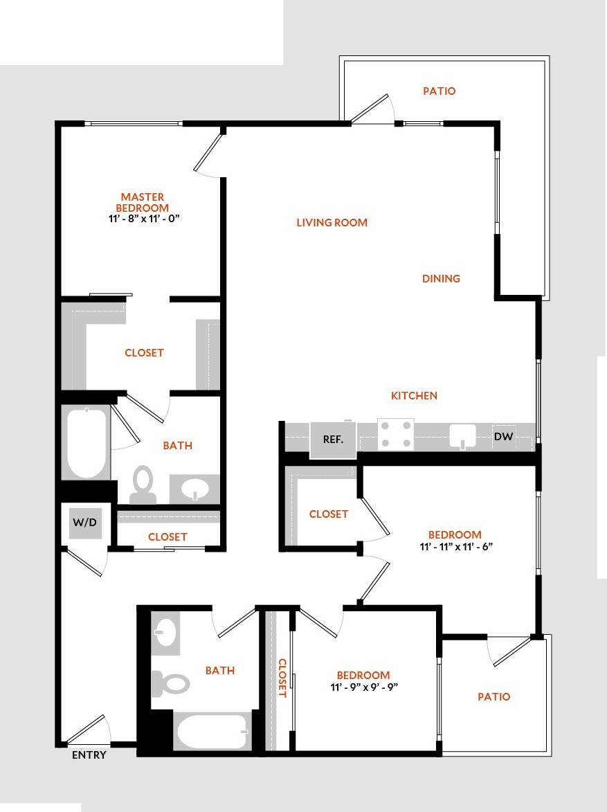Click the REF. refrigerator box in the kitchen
click(333, 440)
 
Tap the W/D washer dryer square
click(84, 523)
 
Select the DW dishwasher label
click(503, 436)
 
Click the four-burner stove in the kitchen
click(395, 434)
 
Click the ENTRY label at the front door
click(89, 755)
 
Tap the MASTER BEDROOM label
click(143, 202)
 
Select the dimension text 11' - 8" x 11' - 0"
click(143, 218)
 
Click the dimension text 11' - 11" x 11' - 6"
click(455, 545)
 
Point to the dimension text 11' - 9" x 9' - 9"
click(363, 687)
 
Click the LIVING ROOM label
click(332, 223)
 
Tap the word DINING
click(441, 279)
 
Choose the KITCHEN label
click(414, 396)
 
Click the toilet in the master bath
click(143, 484)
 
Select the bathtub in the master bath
click(87, 442)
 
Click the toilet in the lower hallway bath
click(170, 684)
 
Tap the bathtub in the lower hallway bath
click(212, 732)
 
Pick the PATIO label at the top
click(439, 91)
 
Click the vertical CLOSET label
click(282, 677)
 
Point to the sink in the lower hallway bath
click(165, 633)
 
